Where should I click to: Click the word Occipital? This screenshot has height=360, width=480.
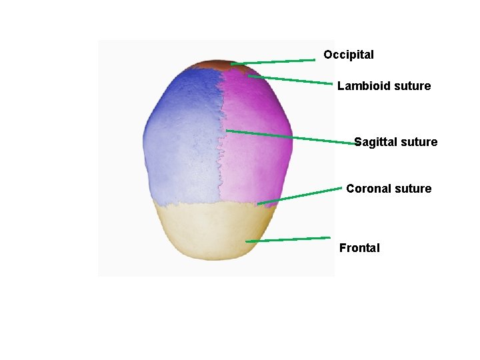click(349, 55)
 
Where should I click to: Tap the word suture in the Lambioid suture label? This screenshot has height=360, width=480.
click(413, 86)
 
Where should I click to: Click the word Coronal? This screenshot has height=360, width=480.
click(368, 189)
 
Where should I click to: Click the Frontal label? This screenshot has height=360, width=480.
click(359, 248)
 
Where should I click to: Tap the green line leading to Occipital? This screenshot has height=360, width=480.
click(273, 62)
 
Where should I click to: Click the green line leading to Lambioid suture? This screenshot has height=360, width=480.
click(290, 80)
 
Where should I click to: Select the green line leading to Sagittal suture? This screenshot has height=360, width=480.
click(293, 137)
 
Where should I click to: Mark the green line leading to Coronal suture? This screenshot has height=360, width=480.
click(300, 196)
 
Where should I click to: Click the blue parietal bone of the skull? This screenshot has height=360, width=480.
click(180, 147)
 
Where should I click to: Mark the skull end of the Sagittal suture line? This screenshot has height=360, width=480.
click(227, 131)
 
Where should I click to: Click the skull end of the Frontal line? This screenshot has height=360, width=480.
click(247, 241)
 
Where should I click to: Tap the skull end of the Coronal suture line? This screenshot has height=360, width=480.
click(259, 203)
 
